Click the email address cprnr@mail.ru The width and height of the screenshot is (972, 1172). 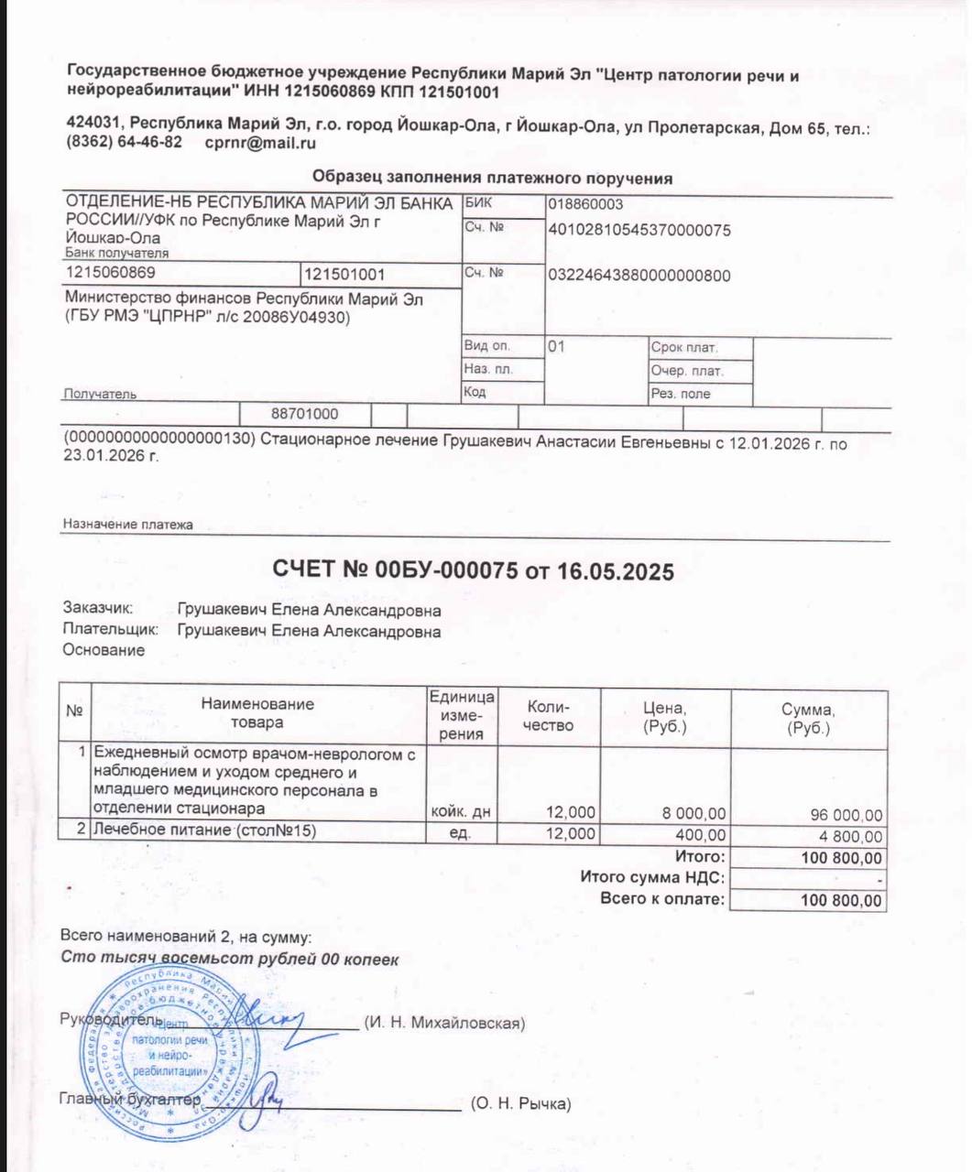point(260,143)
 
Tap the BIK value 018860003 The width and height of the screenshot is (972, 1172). point(585,204)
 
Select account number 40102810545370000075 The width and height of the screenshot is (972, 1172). point(639,230)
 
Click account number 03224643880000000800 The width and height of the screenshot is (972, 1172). point(639,276)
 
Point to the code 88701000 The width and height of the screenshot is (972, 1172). point(305,414)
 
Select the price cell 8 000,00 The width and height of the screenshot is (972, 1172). point(694,812)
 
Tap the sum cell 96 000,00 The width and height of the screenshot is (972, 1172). point(846,815)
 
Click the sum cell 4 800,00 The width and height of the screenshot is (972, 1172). point(852,836)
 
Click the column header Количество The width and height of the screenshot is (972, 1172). point(549,716)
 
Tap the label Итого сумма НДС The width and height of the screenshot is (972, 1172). point(652,877)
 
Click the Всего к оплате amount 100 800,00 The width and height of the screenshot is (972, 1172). point(841,900)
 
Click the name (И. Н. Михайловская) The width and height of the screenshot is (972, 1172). point(444,1023)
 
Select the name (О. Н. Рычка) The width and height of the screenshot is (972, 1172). point(520,1103)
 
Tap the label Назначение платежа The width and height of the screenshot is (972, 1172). point(128,525)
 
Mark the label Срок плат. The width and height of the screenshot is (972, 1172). point(684,348)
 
